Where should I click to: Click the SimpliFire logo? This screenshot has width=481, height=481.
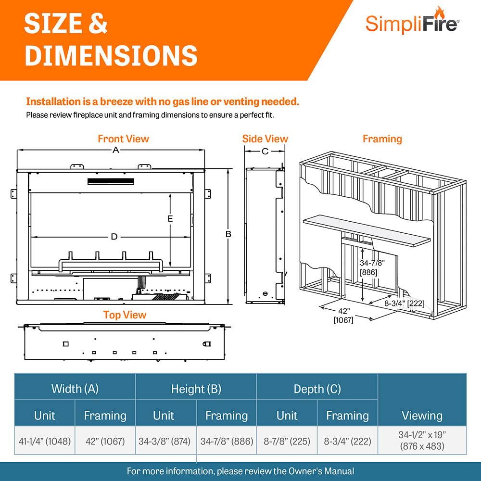(411, 21)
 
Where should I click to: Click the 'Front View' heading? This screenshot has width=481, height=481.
(123, 139)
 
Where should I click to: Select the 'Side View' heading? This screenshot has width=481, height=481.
(265, 139)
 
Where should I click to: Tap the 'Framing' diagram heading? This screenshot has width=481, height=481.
(382, 139)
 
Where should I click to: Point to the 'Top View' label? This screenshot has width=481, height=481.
(125, 315)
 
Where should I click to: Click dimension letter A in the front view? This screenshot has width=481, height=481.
(115, 151)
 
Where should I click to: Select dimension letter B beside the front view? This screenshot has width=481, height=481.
(228, 234)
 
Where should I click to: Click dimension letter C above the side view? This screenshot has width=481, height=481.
(265, 152)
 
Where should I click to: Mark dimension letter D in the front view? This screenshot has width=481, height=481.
(114, 237)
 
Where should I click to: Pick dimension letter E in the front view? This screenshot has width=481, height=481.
(170, 218)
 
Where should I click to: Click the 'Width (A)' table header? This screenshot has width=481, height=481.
(75, 389)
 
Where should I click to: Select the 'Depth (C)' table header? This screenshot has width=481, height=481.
(317, 389)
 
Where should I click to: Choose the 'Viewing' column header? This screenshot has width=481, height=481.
(422, 415)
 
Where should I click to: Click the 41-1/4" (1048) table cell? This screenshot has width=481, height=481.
(45, 441)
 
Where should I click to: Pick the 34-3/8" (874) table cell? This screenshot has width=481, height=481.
(166, 441)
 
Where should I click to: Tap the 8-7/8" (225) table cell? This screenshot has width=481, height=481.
(287, 441)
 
